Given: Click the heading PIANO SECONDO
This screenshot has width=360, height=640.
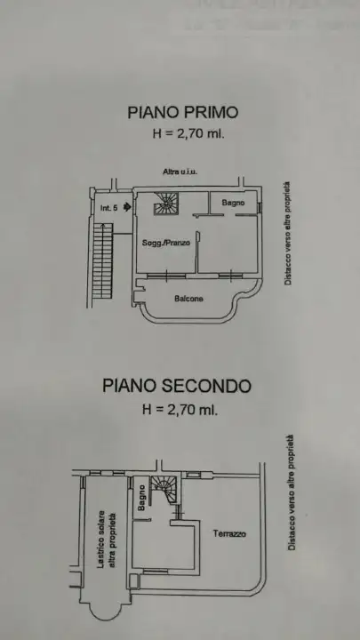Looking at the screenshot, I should pos(176,386).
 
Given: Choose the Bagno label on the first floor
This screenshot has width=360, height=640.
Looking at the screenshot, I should pos(233,204).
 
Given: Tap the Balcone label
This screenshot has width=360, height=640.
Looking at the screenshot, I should pos(188,299).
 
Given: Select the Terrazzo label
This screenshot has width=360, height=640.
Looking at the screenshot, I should pos(229,534).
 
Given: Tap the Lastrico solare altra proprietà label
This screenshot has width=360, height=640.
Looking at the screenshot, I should pos(106,539).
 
